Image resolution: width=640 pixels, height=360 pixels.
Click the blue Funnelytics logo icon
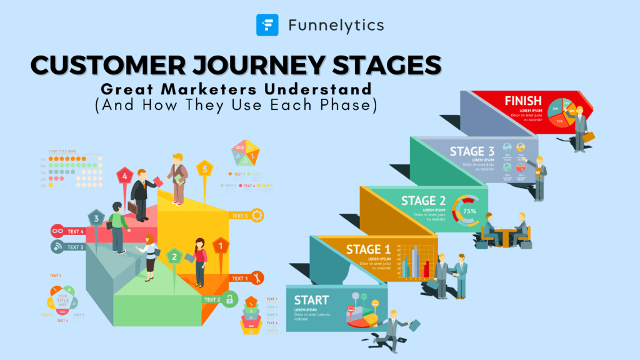(x=267, y=25)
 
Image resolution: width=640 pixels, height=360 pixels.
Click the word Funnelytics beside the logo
(x=336, y=26)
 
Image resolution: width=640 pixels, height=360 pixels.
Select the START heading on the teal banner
(x=312, y=300)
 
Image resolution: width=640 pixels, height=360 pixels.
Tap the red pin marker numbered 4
(x=125, y=177)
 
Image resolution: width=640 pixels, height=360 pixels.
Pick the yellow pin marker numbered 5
(x=204, y=169)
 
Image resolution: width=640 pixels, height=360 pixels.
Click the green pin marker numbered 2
(x=174, y=256)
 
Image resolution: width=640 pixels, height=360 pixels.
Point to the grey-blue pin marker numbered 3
(x=96, y=219)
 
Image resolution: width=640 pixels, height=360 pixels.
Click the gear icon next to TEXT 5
(x=257, y=216)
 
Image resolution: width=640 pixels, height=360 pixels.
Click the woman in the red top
(x=200, y=259)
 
